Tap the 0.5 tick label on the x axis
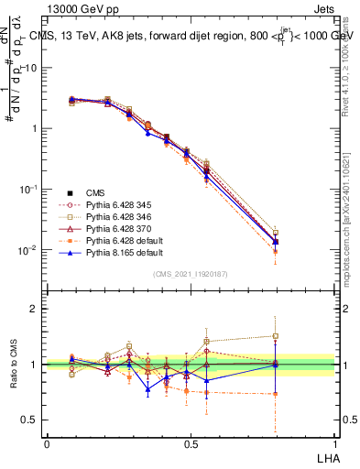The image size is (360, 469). [x=190, y=443]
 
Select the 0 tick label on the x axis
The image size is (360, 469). [x=47, y=443]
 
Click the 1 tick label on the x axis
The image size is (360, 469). [x=334, y=443]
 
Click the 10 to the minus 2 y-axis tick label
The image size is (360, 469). [x=27, y=250]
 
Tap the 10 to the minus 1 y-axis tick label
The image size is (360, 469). [x=27, y=189]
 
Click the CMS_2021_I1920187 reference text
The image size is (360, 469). [x=190, y=274]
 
